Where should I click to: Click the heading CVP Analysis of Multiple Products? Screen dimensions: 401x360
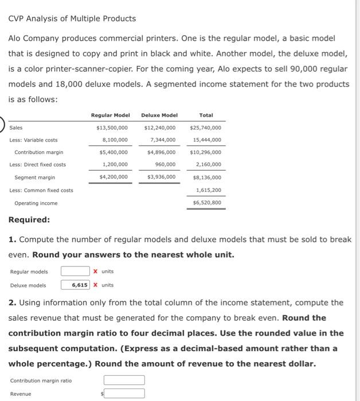[72, 18]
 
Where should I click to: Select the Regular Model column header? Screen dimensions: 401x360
[110, 115]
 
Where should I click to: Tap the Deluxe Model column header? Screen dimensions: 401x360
[159, 115]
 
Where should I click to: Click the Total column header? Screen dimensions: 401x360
[206, 115]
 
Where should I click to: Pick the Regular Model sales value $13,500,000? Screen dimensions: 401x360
[112, 127]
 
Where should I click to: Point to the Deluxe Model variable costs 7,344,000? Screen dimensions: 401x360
[162, 140]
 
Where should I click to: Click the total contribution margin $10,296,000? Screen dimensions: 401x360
[205, 152]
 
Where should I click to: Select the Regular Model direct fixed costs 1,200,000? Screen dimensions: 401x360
[115, 165]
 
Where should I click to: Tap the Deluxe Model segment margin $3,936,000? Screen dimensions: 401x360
[161, 177]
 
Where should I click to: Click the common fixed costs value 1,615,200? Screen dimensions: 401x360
[208, 190]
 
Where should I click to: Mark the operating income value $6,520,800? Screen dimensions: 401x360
[206, 202]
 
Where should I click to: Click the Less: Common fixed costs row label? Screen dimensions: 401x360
[41, 190]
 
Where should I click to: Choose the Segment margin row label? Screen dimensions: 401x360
[34, 177]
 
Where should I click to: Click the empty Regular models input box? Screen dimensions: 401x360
[75, 272]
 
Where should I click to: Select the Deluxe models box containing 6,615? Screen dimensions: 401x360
[75, 285]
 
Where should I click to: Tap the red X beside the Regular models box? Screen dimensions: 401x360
[95, 272]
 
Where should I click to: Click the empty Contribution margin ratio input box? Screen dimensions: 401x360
[124, 380]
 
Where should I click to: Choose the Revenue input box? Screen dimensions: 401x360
[124, 394]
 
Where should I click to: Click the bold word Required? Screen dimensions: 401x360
[29, 219]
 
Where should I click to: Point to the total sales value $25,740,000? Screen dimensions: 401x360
[205, 127]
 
